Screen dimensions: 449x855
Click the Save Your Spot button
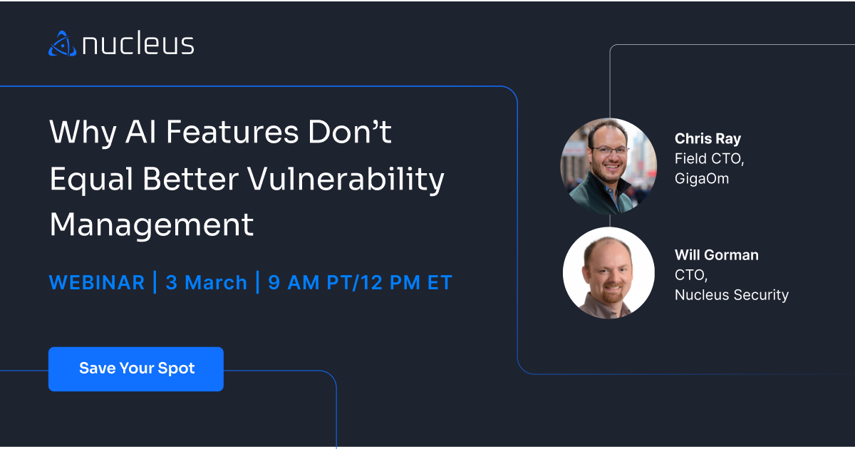[x=136, y=369]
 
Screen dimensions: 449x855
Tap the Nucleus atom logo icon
[x=62, y=43]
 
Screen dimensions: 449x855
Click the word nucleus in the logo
[x=138, y=44]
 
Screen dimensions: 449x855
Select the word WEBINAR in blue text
[x=97, y=282]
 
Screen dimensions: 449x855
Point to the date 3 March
[x=207, y=282]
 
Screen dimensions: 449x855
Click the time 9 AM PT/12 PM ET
[x=360, y=282]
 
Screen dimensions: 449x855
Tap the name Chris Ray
[x=708, y=139]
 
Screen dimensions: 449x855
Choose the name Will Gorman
[x=716, y=255]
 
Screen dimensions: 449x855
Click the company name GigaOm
[x=702, y=178]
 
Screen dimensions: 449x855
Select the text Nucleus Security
[x=732, y=294]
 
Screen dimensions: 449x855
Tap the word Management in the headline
[x=152, y=224]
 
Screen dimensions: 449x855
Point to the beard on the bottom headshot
[x=609, y=293]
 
